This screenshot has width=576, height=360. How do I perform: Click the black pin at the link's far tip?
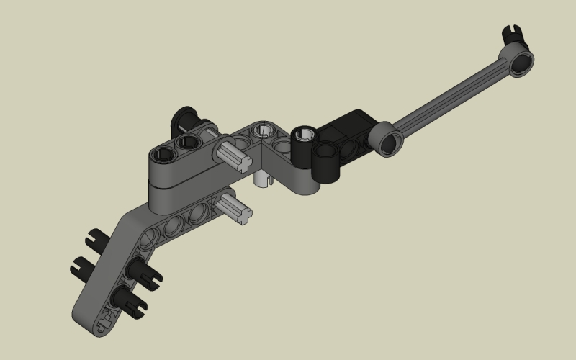[513, 34]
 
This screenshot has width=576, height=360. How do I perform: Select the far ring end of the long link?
[520, 60]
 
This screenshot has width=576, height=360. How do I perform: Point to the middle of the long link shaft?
[454, 101]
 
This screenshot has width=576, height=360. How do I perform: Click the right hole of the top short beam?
[189, 142]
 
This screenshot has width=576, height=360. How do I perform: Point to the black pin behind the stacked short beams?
[185, 117]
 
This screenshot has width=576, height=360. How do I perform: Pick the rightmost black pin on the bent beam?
[143, 273]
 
